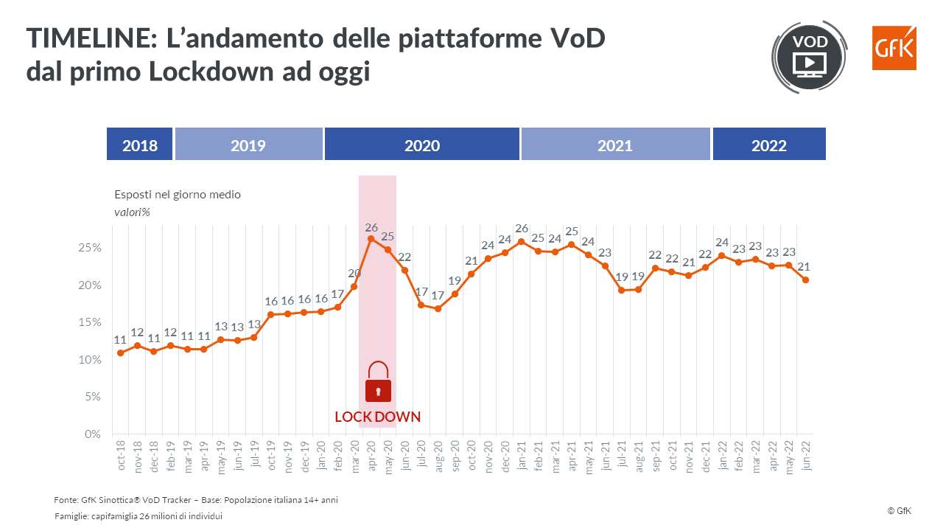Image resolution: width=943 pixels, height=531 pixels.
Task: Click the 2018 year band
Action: (x=140, y=145)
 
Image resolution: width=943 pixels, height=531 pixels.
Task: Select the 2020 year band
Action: (x=422, y=145)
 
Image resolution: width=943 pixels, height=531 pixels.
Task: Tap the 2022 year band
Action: (x=768, y=145)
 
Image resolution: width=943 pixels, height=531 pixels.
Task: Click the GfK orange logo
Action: (x=894, y=48)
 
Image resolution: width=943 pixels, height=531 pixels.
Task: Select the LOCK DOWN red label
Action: (x=377, y=417)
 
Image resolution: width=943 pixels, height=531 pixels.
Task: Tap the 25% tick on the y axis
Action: (x=89, y=248)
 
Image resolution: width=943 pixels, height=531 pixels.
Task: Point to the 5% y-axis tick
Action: (x=92, y=397)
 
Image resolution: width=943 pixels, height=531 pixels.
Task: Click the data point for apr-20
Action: (x=371, y=239)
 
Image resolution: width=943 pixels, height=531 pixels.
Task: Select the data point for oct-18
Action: (x=121, y=353)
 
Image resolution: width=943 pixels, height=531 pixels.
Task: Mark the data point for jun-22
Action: (x=805, y=280)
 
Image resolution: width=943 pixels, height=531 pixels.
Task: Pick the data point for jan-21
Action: (x=521, y=241)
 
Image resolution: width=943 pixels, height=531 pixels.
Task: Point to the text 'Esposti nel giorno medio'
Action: (x=178, y=195)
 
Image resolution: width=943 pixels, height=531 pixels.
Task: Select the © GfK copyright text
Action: (x=900, y=510)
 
